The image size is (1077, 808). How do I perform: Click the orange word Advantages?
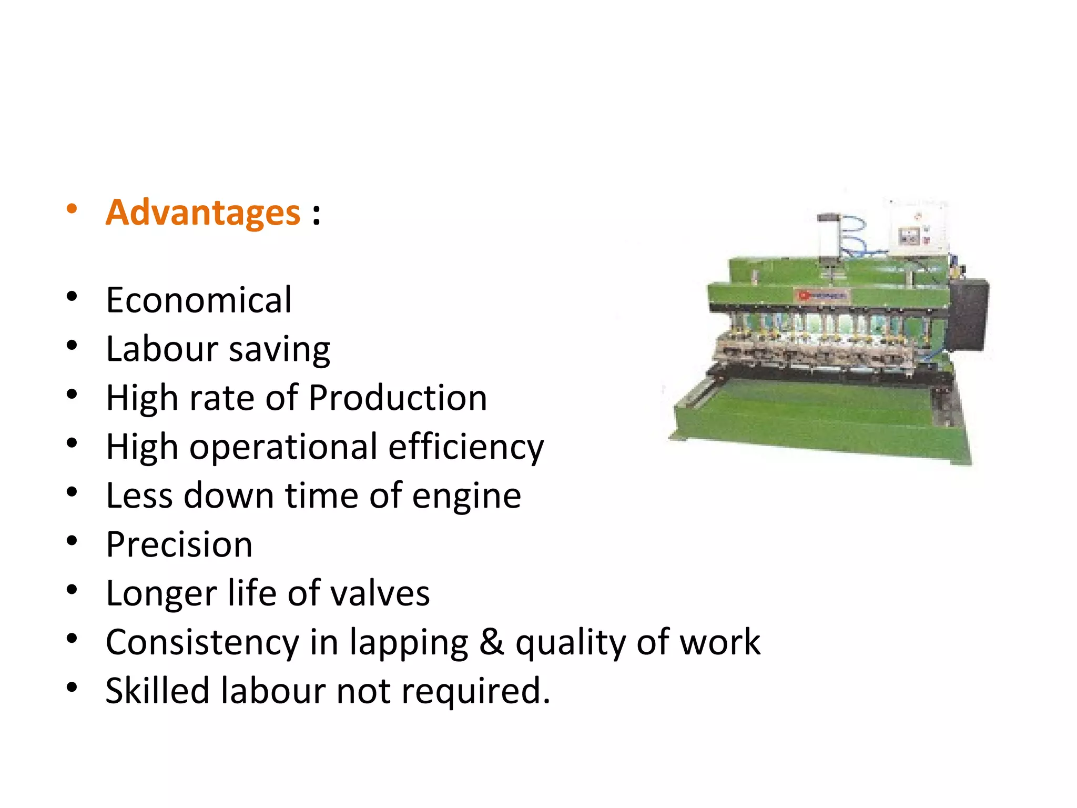point(203,213)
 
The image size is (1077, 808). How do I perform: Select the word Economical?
point(199,300)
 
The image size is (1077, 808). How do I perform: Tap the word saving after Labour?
point(279,350)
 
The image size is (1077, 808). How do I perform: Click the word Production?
point(398,398)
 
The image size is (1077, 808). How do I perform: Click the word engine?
point(466,497)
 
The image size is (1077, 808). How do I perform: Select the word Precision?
point(179,544)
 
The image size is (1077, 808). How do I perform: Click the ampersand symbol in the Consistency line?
point(492,642)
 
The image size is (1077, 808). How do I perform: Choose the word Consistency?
point(202,643)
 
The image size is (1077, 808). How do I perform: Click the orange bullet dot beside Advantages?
point(72,209)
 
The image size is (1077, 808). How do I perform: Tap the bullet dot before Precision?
point(72,541)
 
